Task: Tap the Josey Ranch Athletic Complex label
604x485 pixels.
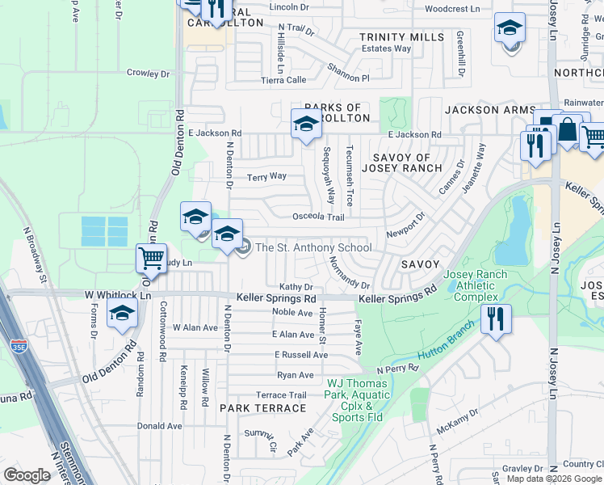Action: [x=476, y=285]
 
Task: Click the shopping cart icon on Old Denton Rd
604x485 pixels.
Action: [x=152, y=258]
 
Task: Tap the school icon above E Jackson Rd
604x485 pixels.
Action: [x=306, y=124]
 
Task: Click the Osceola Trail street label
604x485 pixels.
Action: [x=318, y=217]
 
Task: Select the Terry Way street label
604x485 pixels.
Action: [x=266, y=176]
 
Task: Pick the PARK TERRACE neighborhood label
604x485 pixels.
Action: [x=263, y=408]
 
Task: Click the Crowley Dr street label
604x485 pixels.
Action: [x=149, y=74]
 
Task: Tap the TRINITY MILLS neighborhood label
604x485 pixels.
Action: [x=401, y=37]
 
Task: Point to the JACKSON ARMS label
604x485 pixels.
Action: [x=489, y=110]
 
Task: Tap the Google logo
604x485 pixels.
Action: [x=27, y=475]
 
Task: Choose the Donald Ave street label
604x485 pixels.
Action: [x=159, y=426]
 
